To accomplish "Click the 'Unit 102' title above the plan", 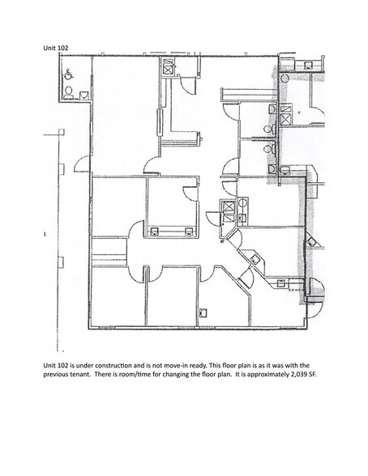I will (57, 49).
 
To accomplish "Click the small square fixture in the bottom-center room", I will (204, 311).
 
